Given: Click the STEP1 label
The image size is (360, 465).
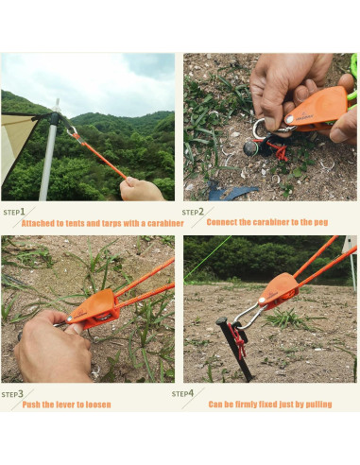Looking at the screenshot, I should (14, 213).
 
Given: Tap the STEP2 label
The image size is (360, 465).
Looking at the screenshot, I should (193, 213).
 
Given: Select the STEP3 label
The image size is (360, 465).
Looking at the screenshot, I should (12, 393).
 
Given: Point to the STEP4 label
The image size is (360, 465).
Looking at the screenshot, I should (182, 392).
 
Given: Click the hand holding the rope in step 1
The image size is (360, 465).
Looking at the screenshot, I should (142, 190).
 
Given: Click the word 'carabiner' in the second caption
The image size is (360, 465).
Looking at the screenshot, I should (263, 223).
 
